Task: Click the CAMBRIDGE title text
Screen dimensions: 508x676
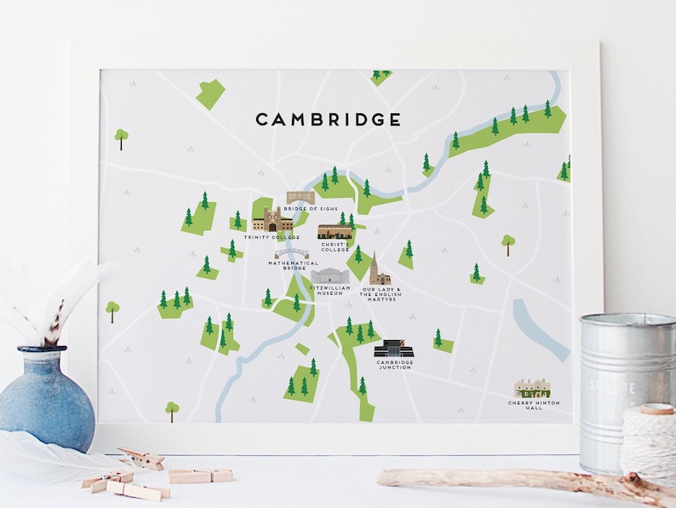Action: coord(329,119)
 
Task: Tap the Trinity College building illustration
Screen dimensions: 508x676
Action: coord(272,221)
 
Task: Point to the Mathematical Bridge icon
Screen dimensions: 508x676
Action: coord(291,254)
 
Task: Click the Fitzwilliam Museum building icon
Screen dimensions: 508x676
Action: coord(329,275)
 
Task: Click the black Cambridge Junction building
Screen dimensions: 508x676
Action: coord(394,349)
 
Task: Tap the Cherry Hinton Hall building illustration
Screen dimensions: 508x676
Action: coord(533,389)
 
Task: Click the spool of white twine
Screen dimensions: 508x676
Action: coord(649,443)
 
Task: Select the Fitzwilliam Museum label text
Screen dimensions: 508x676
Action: coord(330,292)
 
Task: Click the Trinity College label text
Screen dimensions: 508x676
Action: coord(272,237)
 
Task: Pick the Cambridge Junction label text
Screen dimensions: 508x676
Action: coord(395,365)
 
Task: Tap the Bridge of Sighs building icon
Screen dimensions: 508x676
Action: coord(300,198)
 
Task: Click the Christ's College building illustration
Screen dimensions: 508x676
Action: coord(335,232)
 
